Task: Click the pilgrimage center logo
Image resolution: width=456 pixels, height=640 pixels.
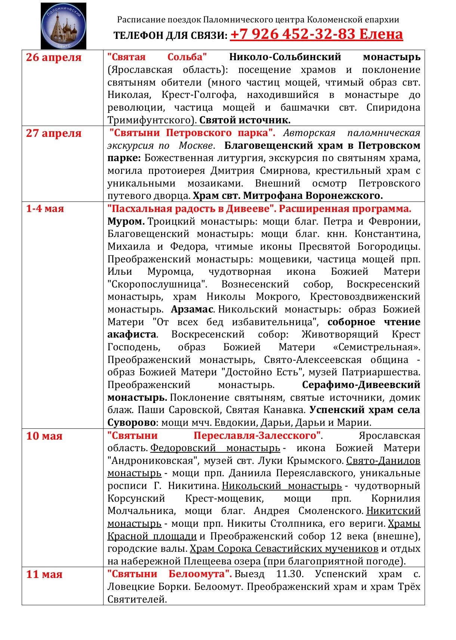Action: tap(64, 26)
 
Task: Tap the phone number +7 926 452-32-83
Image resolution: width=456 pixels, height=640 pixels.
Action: tap(292, 34)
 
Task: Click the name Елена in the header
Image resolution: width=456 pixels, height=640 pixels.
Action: tap(381, 34)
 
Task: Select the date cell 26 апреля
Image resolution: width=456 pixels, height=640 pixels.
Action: tap(53, 57)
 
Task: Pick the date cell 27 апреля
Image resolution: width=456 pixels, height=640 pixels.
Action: tap(53, 133)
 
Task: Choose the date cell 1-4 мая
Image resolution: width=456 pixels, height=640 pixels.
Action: tap(45, 209)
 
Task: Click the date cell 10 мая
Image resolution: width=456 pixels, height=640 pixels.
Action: tap(44, 436)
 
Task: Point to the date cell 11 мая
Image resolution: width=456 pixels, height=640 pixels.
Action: tap(44, 574)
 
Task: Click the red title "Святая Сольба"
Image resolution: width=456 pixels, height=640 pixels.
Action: tap(157, 57)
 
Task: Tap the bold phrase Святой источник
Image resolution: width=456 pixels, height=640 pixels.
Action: tap(245, 120)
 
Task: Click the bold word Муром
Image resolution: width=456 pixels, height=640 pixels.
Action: tap(126, 221)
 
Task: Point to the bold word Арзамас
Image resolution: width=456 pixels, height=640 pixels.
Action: tap(192, 310)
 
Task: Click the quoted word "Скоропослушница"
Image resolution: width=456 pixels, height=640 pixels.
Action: tap(157, 284)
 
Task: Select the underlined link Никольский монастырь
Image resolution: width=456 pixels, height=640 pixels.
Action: tap(282, 486)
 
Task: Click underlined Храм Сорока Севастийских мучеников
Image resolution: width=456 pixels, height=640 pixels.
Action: tap(284, 548)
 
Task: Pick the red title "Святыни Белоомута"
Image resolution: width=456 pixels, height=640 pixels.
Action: tap(170, 574)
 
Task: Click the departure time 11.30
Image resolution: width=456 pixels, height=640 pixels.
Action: tap(290, 574)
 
